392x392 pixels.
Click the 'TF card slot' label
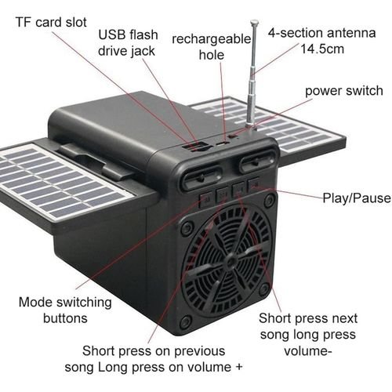(51, 22)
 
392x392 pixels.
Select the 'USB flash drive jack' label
(128, 42)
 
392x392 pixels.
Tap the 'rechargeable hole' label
(211, 47)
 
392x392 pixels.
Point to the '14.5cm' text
(322, 49)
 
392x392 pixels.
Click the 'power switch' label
(344, 91)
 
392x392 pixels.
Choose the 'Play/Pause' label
(357, 198)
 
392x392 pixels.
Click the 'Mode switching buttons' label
(65, 310)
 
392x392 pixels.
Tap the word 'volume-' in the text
(308, 351)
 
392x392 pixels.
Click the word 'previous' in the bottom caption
(199, 351)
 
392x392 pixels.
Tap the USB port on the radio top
(196, 147)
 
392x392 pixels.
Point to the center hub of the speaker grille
(230, 261)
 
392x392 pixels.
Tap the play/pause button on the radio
(253, 185)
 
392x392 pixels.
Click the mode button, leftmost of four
(205, 199)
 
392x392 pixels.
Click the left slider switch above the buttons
(202, 177)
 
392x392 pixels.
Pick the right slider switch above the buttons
(258, 162)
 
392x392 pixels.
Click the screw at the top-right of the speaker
(269, 200)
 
